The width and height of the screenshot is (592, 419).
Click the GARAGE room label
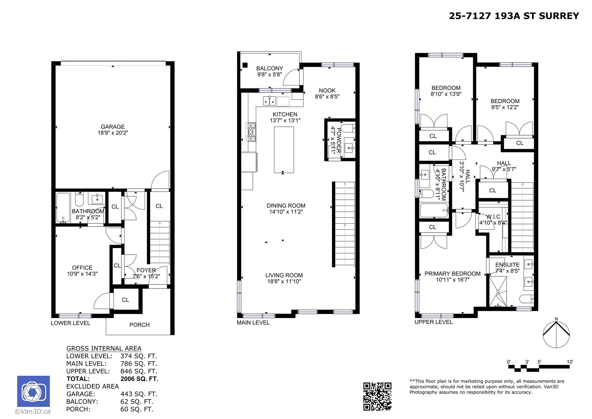pos(113,127)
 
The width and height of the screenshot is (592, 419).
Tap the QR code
pos(377,396)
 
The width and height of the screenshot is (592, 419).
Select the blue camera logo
pos(33,391)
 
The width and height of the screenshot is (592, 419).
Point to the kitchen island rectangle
pos(284,150)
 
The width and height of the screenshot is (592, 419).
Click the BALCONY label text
pos(269,68)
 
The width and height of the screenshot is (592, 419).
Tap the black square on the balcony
pos(245,65)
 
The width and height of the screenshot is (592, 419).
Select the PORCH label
pos(139,325)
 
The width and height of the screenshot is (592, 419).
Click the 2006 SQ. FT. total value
pos(139,379)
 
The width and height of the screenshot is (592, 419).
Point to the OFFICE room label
pos(82,268)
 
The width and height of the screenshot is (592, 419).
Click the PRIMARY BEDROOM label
pos(452,274)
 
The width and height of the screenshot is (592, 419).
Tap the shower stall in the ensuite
pos(498,292)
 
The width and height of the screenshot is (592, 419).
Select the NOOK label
pos(327,90)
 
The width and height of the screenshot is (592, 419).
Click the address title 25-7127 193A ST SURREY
pos(514,16)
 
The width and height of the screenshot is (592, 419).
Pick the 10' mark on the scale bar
pos(570,362)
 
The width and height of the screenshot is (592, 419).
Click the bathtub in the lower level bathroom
pos(63,207)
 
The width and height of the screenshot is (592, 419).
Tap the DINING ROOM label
pos(286,206)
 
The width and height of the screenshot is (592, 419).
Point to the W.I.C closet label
pos(493,217)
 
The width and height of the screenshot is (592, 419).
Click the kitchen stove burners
pos(251,132)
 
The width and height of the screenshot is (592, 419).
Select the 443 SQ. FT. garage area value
pos(139,394)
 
